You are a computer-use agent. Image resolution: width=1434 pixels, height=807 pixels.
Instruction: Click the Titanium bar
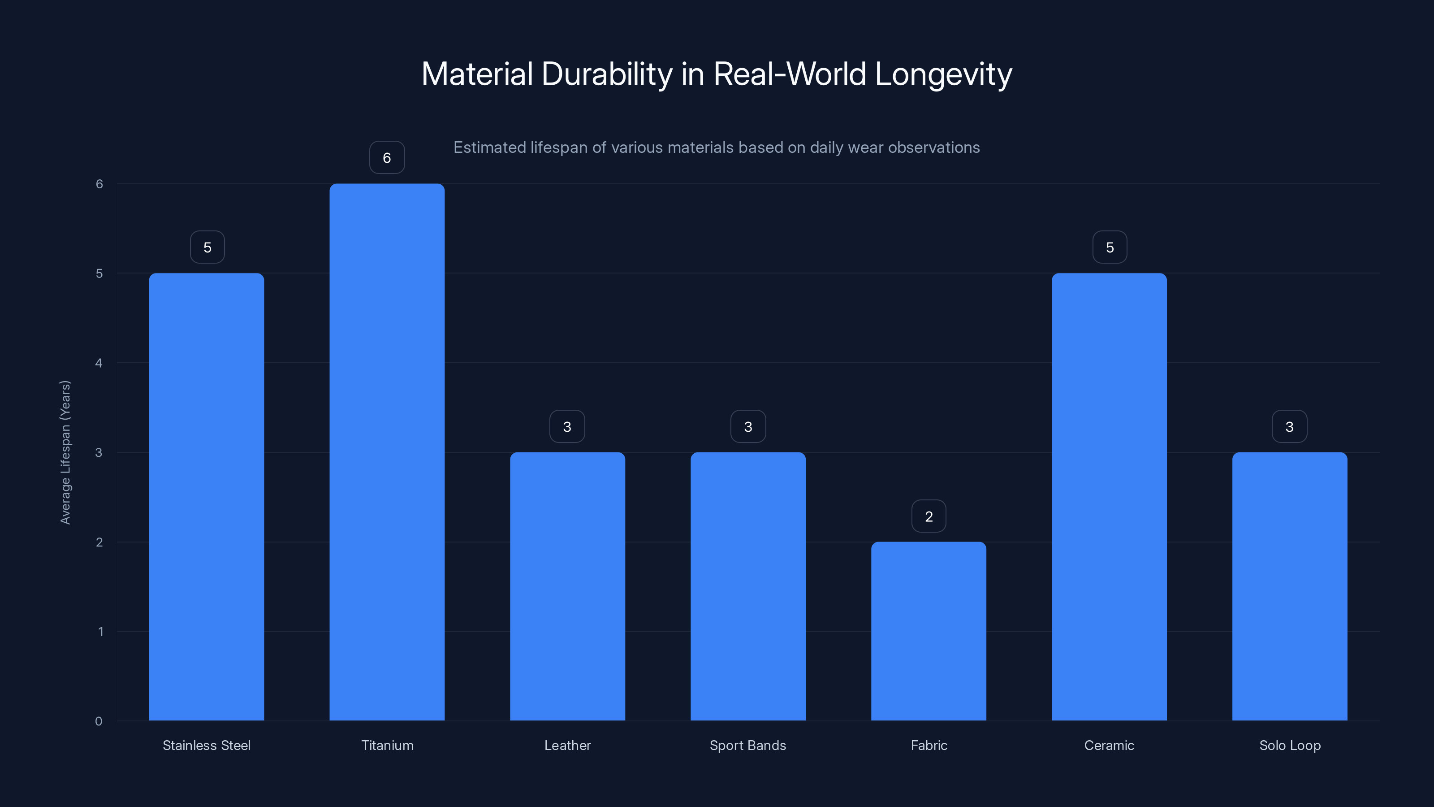tap(387, 451)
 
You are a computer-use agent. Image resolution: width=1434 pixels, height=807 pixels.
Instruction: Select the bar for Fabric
tap(929, 631)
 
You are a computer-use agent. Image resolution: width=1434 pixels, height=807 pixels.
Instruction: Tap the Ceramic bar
tap(1109, 496)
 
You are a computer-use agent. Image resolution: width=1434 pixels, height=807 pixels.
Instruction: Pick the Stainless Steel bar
tap(207, 496)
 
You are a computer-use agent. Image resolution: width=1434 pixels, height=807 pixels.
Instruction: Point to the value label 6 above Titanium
tap(387, 158)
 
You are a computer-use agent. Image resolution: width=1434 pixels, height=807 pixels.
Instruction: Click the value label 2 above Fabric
tap(929, 516)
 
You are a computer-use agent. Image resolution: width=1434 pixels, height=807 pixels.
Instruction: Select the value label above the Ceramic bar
tap(1110, 247)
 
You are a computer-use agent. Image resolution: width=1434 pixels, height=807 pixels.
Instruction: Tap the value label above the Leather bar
tap(567, 427)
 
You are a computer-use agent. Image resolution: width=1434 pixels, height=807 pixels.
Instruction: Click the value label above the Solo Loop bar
tap(1289, 427)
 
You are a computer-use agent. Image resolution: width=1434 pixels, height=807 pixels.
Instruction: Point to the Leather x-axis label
tap(567, 745)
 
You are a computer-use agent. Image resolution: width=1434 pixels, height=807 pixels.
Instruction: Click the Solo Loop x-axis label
tap(1290, 745)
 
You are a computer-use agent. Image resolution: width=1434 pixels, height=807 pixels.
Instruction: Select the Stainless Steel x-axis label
tap(207, 745)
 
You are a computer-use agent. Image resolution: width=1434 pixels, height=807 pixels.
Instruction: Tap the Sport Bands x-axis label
tap(747, 745)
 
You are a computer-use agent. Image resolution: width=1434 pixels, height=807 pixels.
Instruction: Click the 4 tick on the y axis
tap(99, 363)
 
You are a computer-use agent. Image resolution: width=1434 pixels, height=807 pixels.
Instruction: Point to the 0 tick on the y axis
tap(99, 721)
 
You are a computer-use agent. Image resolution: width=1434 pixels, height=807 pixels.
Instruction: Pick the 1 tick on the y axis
tap(101, 632)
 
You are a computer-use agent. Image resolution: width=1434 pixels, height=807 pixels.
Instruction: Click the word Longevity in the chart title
tap(943, 74)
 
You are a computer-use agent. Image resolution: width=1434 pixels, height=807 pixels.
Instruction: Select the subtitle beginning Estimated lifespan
tap(717, 148)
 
